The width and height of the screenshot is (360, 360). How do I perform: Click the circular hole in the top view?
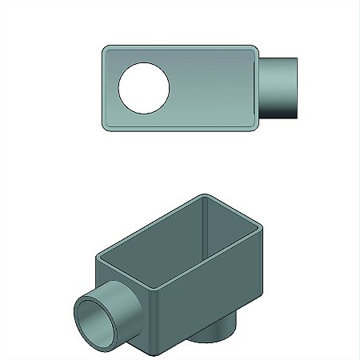point(145,87)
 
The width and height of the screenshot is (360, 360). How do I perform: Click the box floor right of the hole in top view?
point(212,87)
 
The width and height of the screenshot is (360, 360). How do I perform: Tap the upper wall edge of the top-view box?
point(180,47)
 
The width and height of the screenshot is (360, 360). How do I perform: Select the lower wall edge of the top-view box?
point(180,127)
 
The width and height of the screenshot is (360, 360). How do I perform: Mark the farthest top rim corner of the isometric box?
point(205,196)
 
